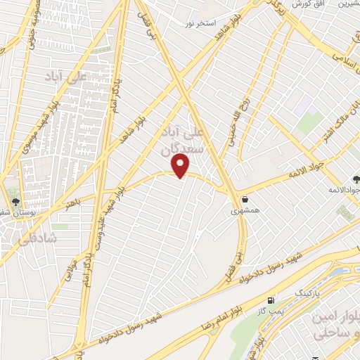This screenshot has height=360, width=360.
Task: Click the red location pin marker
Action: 181,166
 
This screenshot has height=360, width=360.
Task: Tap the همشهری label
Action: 245,210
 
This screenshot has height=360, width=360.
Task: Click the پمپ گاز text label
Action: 271,310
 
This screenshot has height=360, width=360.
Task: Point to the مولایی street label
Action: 71,270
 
